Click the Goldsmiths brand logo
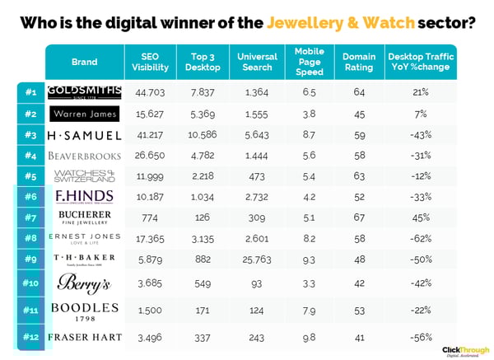(84, 91)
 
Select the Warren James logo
(84, 113)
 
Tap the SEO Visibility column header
(150, 62)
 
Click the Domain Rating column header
(359, 62)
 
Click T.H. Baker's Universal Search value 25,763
(256, 259)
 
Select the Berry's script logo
(84, 283)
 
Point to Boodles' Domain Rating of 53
(359, 311)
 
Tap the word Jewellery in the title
(328, 22)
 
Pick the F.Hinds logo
(84, 196)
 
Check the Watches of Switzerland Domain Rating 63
(359, 175)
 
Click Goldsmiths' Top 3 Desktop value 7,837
(202, 91)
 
